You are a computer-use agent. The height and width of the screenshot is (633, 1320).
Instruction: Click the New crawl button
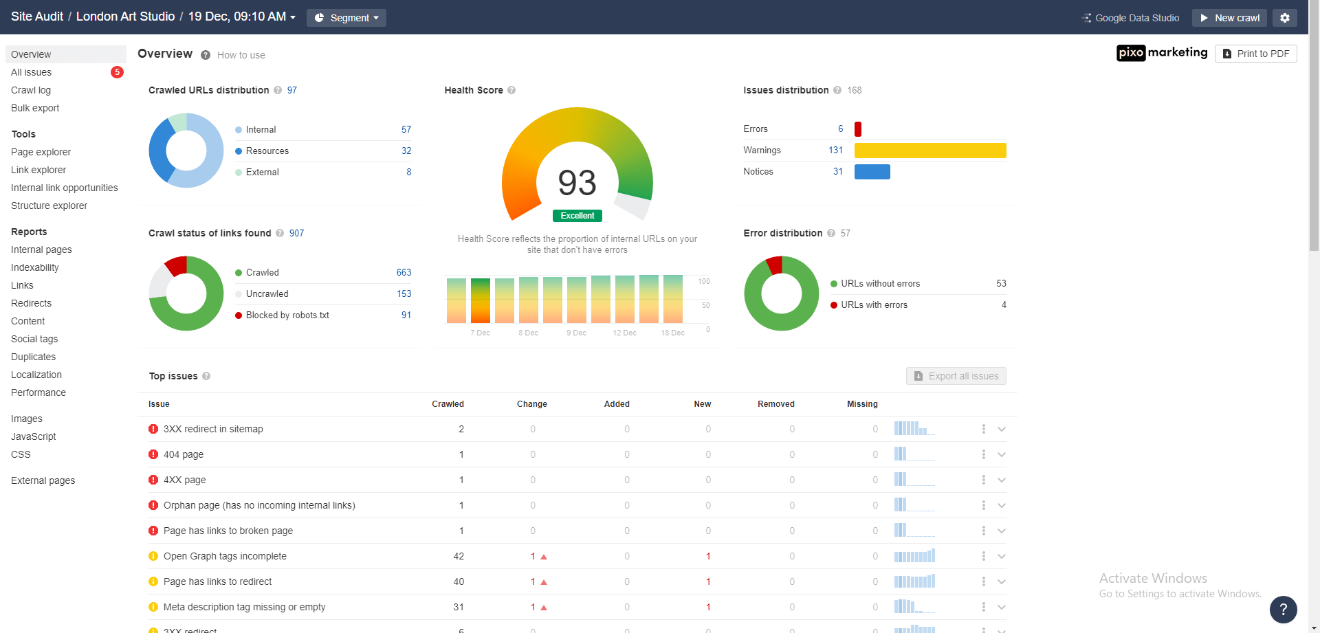point(1230,18)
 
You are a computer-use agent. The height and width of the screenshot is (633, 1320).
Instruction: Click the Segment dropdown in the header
point(346,18)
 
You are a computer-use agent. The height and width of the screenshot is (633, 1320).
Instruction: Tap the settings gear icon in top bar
point(1284,18)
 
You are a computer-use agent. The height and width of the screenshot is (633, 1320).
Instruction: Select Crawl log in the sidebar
point(31,90)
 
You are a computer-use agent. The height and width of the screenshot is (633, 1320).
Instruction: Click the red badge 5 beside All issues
point(117,72)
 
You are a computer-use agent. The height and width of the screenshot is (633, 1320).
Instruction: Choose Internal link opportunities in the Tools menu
point(64,188)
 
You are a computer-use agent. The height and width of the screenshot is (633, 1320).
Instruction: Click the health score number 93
point(577,183)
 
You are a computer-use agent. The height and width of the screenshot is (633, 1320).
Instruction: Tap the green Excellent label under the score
point(577,216)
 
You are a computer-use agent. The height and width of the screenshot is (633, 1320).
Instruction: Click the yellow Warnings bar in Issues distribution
point(929,151)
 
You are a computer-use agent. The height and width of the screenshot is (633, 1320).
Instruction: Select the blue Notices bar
point(872,172)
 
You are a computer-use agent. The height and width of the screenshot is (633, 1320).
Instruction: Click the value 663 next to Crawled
point(404,273)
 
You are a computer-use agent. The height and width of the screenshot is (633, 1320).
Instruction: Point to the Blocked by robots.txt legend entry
point(287,315)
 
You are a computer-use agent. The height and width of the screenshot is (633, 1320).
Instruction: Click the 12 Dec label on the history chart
point(624,333)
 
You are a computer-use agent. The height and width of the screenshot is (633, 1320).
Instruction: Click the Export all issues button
point(956,376)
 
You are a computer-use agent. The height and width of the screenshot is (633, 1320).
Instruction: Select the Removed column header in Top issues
point(775,404)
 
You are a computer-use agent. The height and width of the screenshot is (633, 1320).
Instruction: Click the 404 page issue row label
point(184,454)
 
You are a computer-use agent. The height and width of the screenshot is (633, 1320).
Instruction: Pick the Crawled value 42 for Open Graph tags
point(459,556)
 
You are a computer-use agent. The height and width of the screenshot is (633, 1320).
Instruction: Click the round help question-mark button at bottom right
point(1283,610)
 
